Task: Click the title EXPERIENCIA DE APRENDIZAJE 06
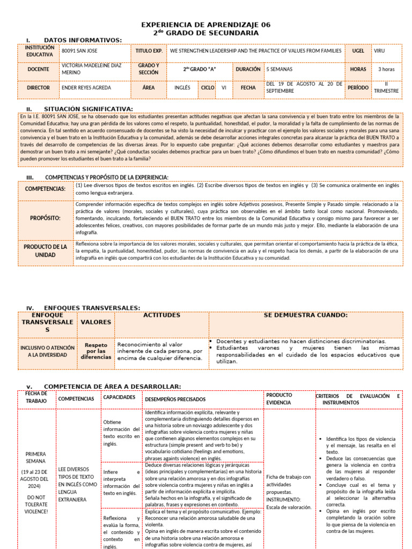206,25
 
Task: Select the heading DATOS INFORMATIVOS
83,40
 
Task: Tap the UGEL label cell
358,51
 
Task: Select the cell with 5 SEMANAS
278,69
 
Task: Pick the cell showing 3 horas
386,69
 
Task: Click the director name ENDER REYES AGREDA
87,87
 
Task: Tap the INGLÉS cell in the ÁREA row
182,87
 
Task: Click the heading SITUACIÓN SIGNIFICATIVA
88,109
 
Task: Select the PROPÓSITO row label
45,218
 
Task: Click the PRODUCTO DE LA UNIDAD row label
45,250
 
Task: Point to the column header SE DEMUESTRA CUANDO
305,315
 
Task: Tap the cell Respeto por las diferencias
96,352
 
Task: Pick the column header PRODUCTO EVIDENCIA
279,398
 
